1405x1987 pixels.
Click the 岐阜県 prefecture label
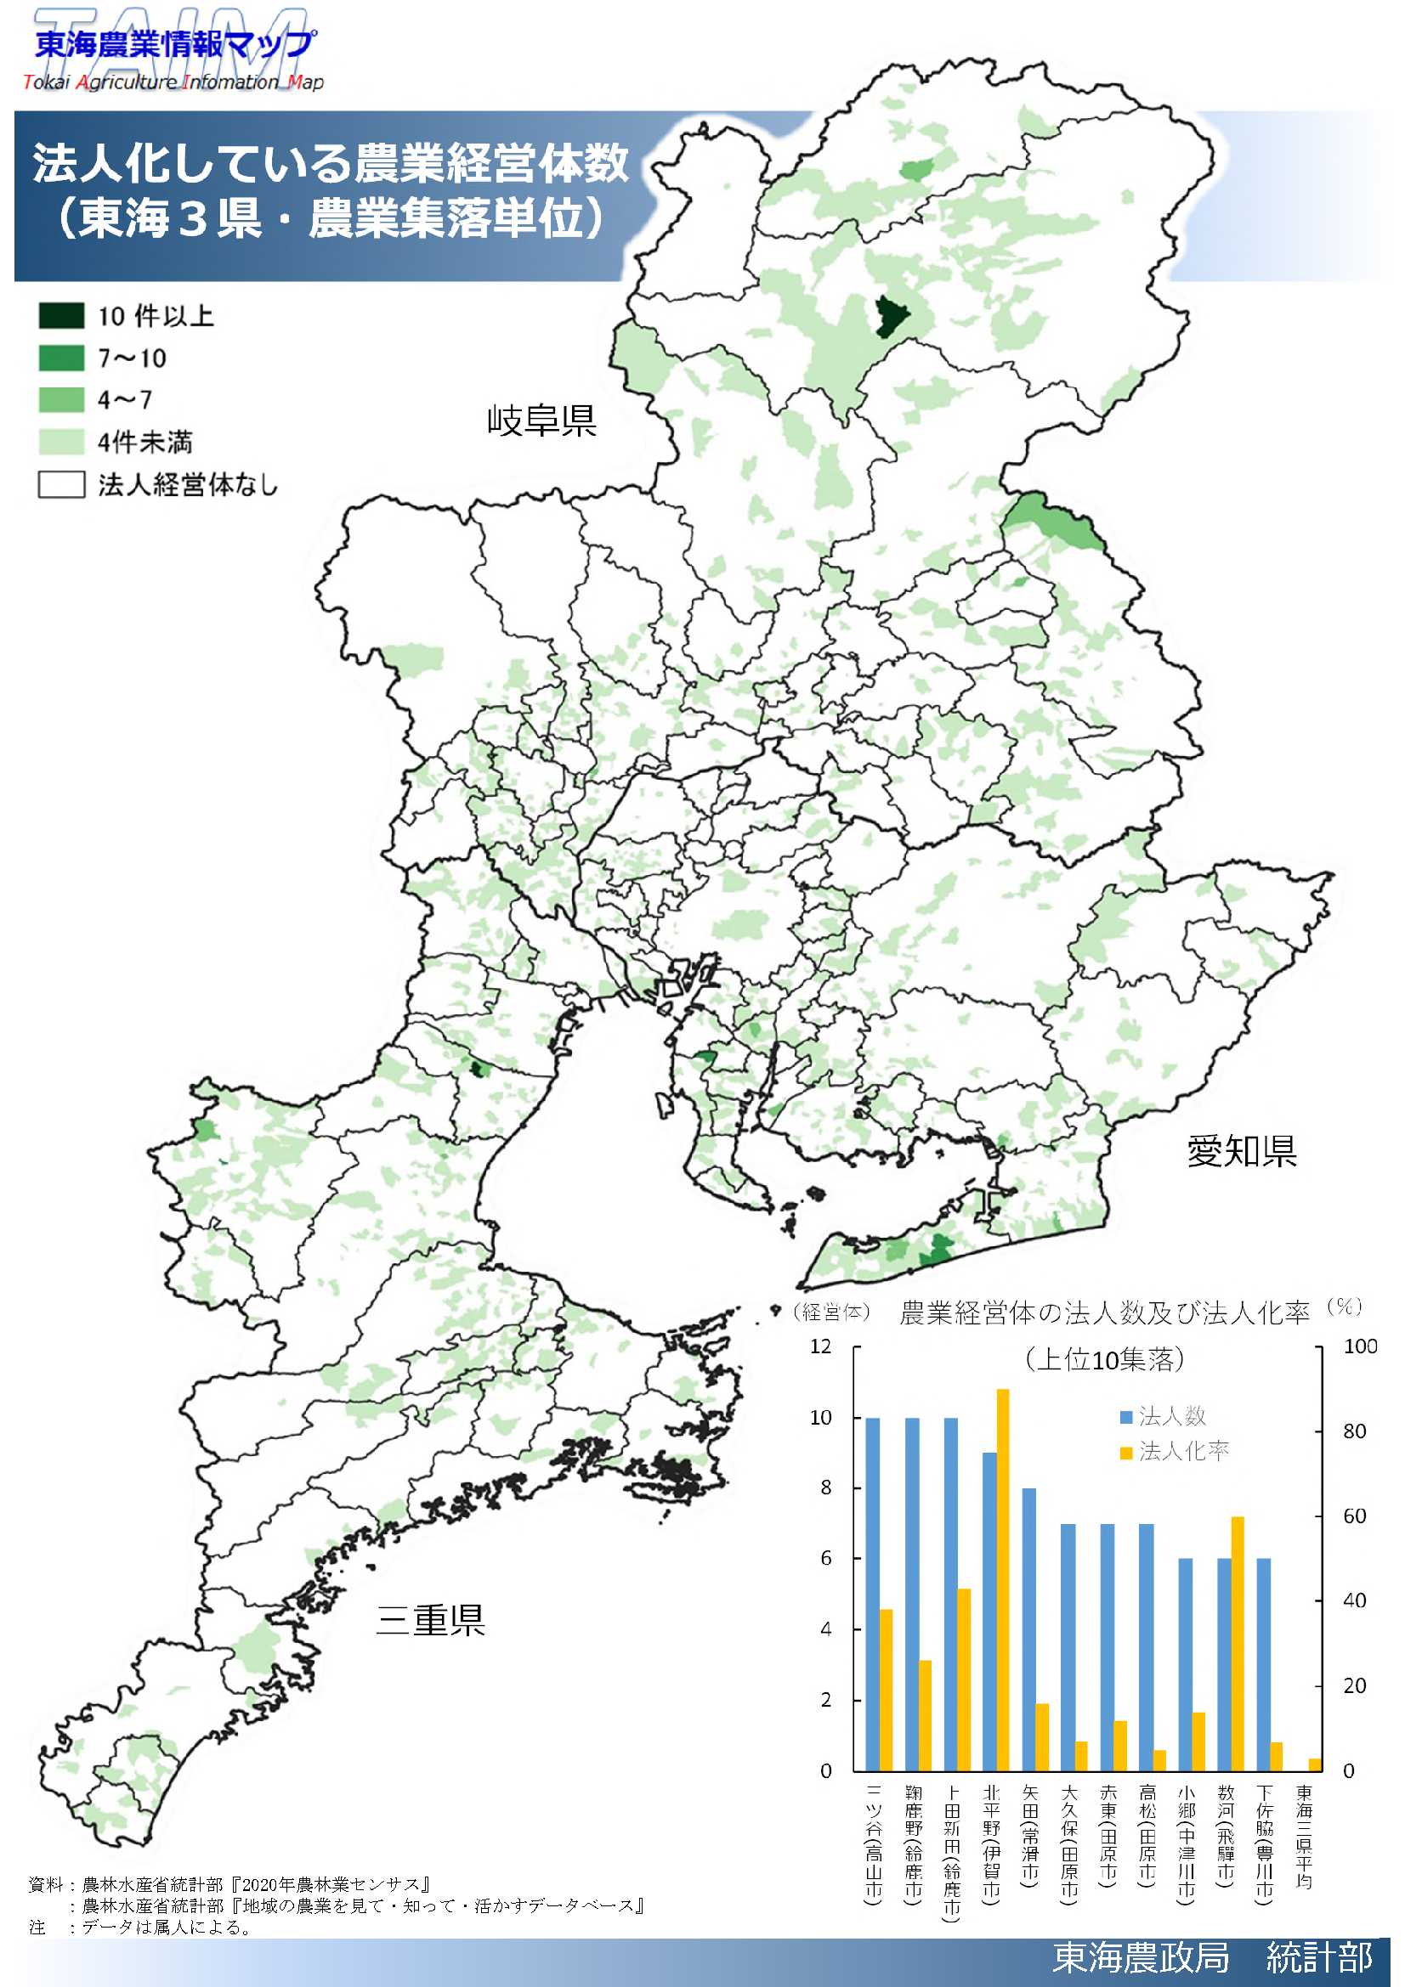pyautogui.click(x=542, y=421)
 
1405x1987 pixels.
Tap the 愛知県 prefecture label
pyautogui.click(x=1242, y=1151)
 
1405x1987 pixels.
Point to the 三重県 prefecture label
pyautogui.click(x=430, y=1620)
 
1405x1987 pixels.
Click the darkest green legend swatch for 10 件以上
pyautogui.click(x=60, y=316)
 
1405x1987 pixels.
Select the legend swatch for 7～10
pyautogui.click(x=60, y=358)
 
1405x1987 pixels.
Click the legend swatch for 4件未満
pyautogui.click(x=60, y=443)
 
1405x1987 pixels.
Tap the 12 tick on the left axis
pyautogui.click(x=820, y=1346)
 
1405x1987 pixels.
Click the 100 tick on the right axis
pyautogui.click(x=1360, y=1346)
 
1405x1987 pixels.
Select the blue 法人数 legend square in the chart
pyautogui.click(x=1126, y=1418)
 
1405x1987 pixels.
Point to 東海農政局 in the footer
pyautogui.click(x=1141, y=1956)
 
